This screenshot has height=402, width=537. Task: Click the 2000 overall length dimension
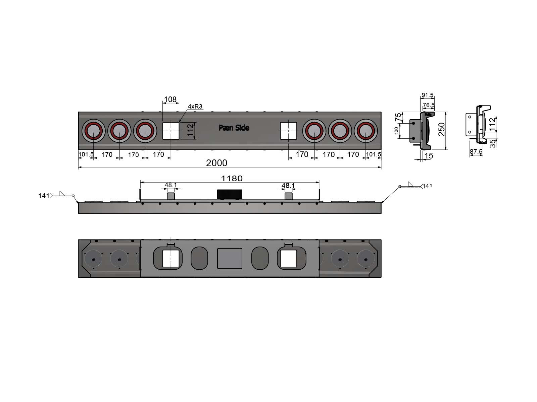pyautogui.click(x=216, y=163)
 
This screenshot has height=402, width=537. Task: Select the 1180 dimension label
pyautogui.click(x=232, y=179)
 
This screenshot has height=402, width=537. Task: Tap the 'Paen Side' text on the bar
pyautogui.click(x=234, y=128)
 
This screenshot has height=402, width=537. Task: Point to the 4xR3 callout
pyautogui.click(x=195, y=107)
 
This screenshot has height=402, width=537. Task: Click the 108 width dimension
pyautogui.click(x=170, y=99)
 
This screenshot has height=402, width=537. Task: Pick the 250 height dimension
pyautogui.click(x=442, y=129)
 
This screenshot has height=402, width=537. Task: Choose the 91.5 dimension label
pyautogui.click(x=427, y=95)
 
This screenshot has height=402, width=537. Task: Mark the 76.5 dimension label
pyautogui.click(x=429, y=105)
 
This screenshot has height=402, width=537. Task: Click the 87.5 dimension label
pyautogui.click(x=476, y=152)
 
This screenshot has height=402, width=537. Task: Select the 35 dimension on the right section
pyautogui.click(x=492, y=143)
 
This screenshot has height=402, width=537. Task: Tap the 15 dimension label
pyautogui.click(x=429, y=156)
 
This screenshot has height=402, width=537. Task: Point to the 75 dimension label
pyautogui.click(x=398, y=117)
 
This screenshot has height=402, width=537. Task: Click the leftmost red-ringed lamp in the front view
pyautogui.click(x=93, y=131)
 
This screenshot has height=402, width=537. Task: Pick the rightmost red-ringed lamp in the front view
pyautogui.click(x=366, y=131)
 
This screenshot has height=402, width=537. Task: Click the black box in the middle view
pyautogui.click(x=230, y=194)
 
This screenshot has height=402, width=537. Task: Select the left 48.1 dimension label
pyautogui.click(x=170, y=185)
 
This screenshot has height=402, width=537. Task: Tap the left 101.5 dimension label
pyautogui.click(x=86, y=154)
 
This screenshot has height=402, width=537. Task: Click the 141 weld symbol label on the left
pyautogui.click(x=44, y=196)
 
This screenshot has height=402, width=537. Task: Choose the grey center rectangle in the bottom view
pyautogui.click(x=230, y=258)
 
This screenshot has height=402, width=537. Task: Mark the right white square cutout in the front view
pyautogui.click(x=288, y=131)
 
